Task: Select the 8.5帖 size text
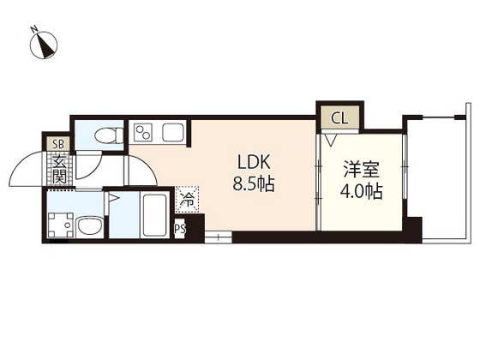(255, 184)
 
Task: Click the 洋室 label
(361, 169)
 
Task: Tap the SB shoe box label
(58, 144)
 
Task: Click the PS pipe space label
(180, 229)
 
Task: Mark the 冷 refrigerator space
(186, 201)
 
